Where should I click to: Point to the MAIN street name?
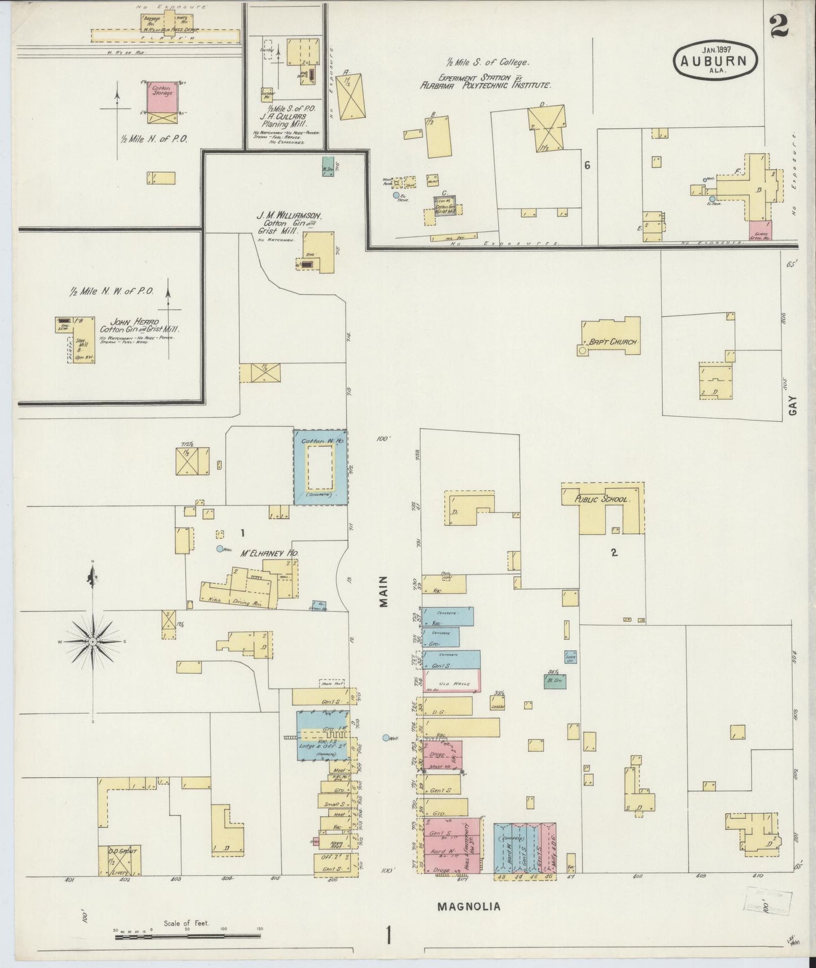coord(385,591)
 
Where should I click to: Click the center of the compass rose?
coord(92,643)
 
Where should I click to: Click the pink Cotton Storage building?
coord(160,98)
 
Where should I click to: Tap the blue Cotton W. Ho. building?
coord(320,467)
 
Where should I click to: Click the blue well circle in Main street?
coord(386,738)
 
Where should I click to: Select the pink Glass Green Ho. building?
coord(761,230)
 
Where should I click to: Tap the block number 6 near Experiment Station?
coord(587,165)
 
